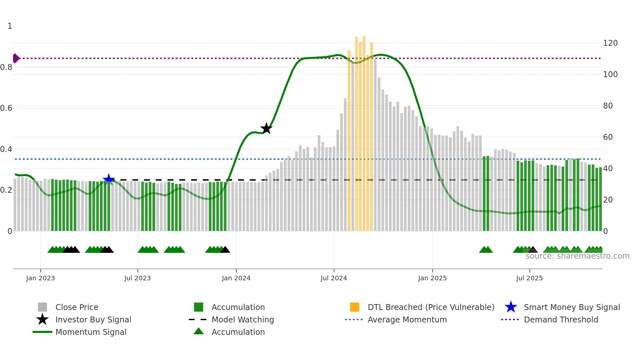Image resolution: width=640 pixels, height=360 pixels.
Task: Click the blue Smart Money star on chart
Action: (x=109, y=179)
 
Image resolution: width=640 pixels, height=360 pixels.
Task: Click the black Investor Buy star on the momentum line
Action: (x=266, y=128)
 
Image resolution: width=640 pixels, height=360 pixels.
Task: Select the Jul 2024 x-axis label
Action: (x=334, y=278)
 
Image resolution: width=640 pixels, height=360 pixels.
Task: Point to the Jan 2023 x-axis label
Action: (x=40, y=278)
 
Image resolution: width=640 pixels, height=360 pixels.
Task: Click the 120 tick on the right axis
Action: (x=610, y=43)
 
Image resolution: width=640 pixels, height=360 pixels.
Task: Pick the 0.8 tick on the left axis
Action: (x=6, y=67)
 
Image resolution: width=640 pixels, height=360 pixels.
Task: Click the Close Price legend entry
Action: (x=77, y=307)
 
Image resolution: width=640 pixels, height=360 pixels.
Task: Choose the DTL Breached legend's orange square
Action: (x=355, y=307)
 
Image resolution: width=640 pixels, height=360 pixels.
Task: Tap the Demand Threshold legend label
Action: (x=561, y=319)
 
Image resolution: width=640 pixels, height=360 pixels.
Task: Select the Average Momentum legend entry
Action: (x=407, y=319)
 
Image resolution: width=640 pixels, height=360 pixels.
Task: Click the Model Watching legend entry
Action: (x=243, y=319)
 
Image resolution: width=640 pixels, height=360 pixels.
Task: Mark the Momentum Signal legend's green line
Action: (x=42, y=332)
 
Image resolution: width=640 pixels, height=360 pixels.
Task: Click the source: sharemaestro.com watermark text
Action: (x=577, y=256)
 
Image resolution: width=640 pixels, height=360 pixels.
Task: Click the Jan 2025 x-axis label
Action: (x=432, y=278)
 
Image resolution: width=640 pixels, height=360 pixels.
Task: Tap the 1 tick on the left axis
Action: (x=10, y=26)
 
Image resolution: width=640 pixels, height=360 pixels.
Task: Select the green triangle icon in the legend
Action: (x=199, y=331)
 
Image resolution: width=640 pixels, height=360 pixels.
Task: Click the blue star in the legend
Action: (x=511, y=307)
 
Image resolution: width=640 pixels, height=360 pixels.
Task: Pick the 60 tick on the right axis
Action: (x=608, y=137)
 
